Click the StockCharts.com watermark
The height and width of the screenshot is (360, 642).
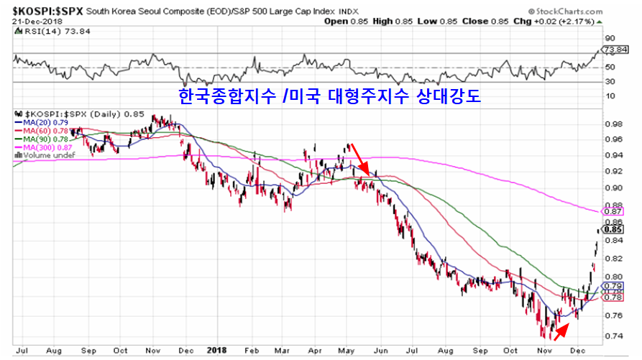coord(584,11)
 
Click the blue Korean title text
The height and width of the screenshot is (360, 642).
coord(329,96)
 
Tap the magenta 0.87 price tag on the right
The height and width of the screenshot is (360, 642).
coord(613,211)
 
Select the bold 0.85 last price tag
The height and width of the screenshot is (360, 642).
coord(613,231)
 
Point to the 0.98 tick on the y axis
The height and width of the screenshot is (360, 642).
coord(613,123)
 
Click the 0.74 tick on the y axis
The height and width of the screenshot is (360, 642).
coord(613,336)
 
